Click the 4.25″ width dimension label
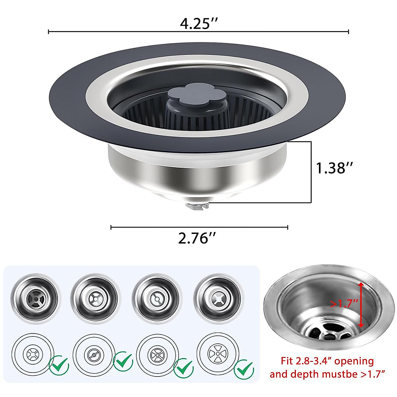pyautogui.click(x=198, y=24)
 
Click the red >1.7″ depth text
pyautogui.click(x=344, y=303)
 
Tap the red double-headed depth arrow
pyautogui.click(x=361, y=305)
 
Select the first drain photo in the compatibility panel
pyautogui.click(x=34, y=297)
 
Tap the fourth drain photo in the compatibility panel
pyautogui.click(x=217, y=297)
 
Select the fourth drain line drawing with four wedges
pyautogui.click(x=217, y=353)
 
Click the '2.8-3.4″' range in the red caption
pyautogui.click(x=313, y=361)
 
